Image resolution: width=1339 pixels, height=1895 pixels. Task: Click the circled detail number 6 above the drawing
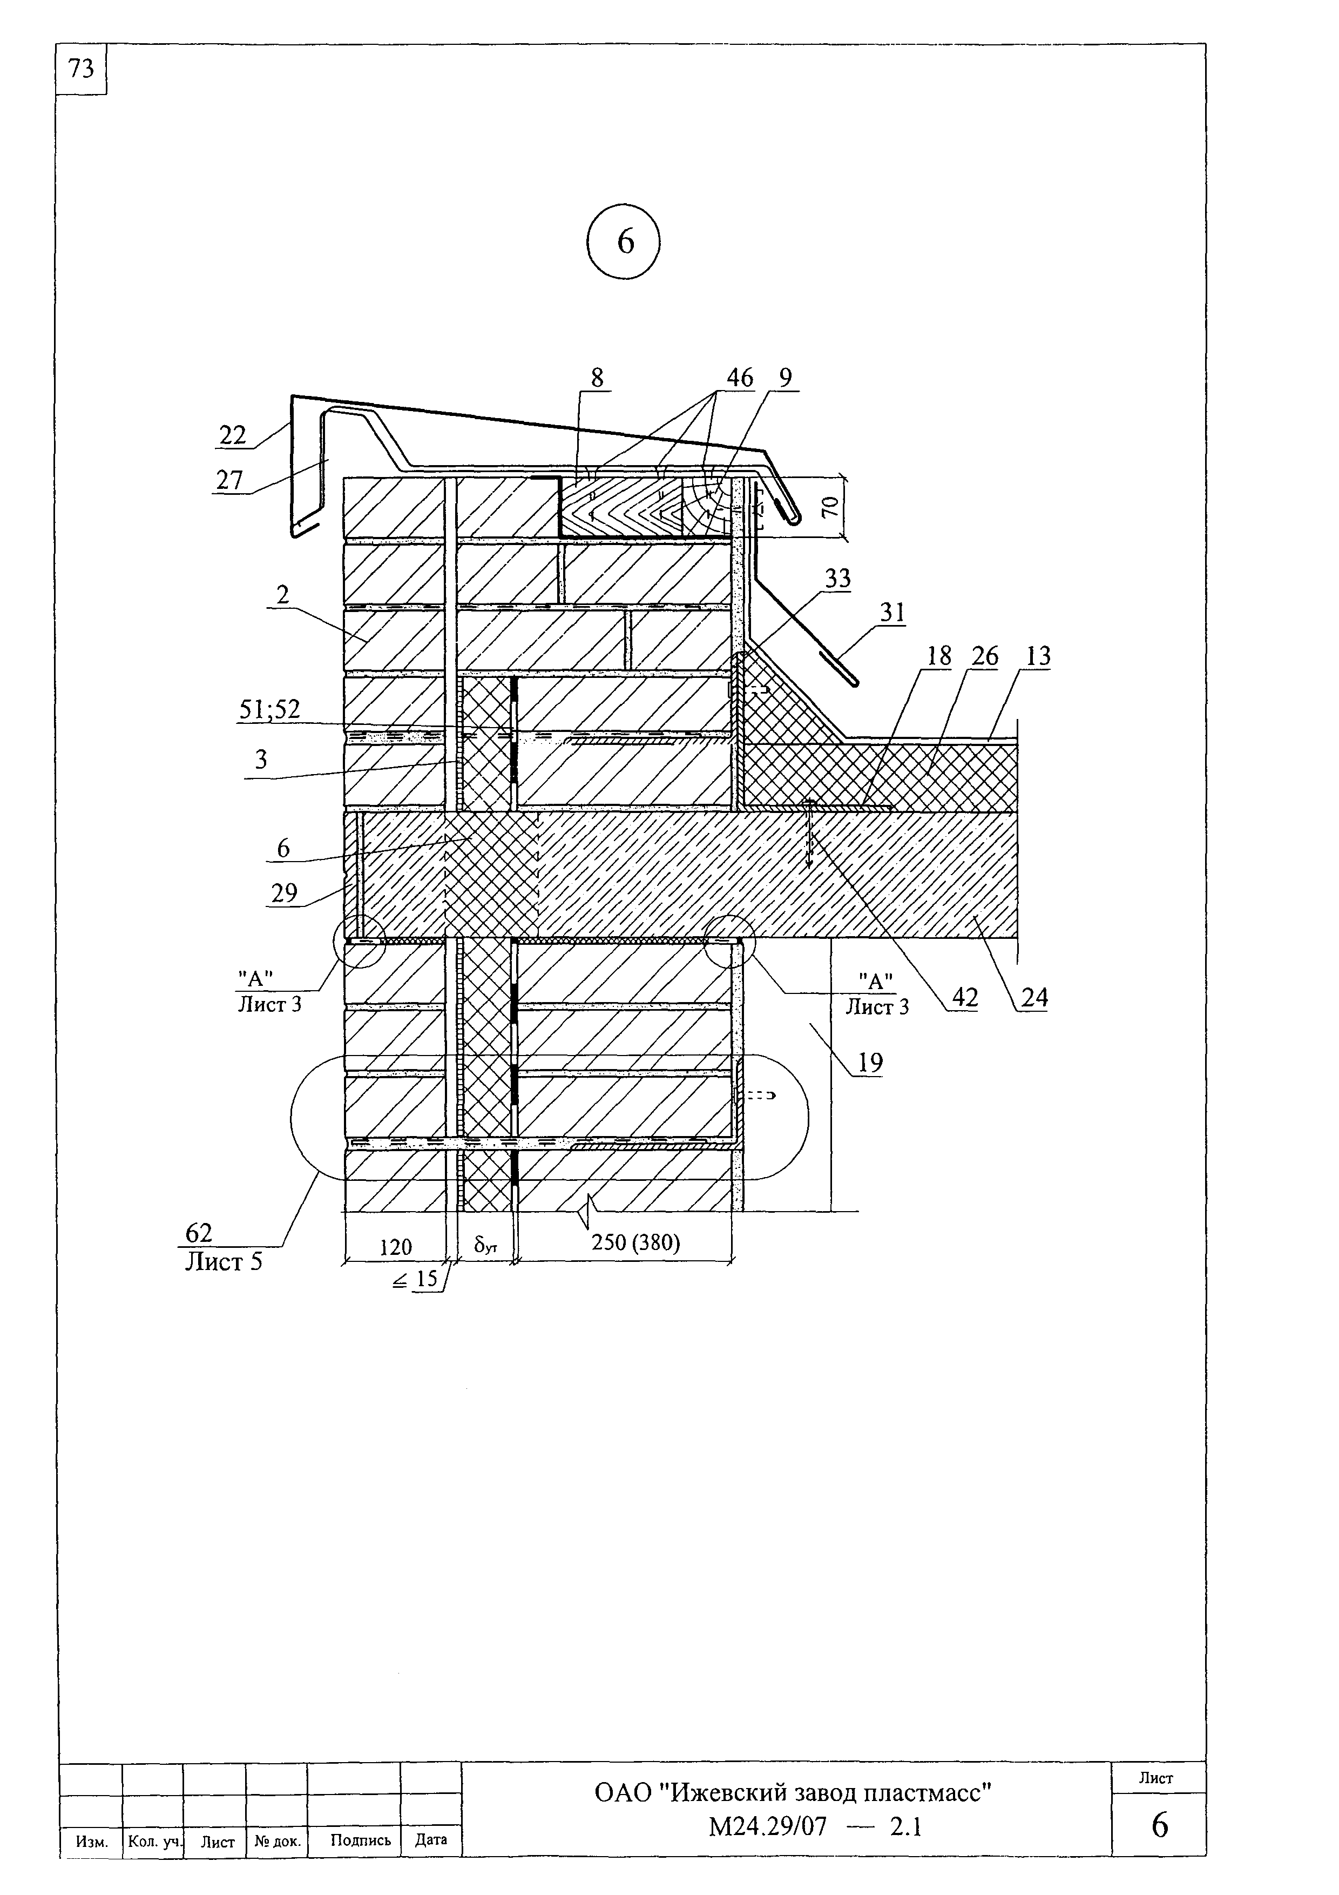pyautogui.click(x=625, y=243)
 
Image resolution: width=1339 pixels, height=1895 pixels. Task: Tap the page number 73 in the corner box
pyautogui.click(x=82, y=69)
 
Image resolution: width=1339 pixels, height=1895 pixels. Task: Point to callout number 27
pyautogui.click(x=229, y=480)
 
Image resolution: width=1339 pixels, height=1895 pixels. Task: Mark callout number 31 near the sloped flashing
pyautogui.click(x=892, y=613)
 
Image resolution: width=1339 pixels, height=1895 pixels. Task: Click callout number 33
pyautogui.click(x=837, y=579)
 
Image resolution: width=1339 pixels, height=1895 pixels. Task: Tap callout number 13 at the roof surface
pyautogui.click(x=1038, y=656)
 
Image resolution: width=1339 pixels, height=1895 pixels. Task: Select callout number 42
pyautogui.click(x=964, y=998)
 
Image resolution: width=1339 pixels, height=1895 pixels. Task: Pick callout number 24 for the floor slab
pyautogui.click(x=1034, y=998)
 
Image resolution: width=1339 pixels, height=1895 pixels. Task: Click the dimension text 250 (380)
pyautogui.click(x=635, y=1242)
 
